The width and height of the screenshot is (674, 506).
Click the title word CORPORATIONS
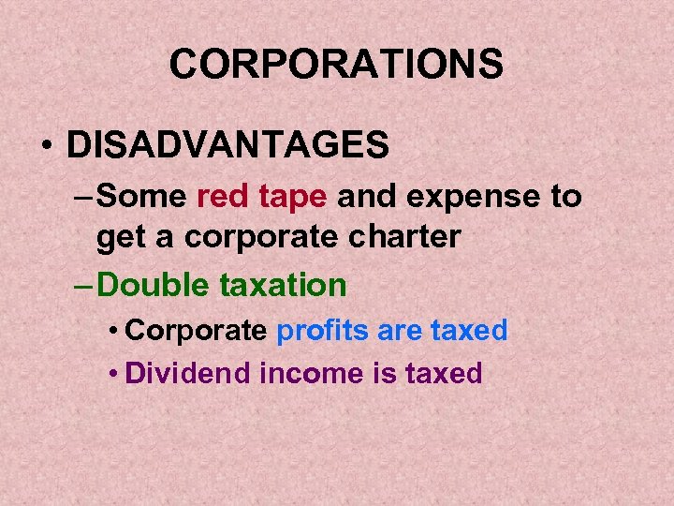tap(336, 65)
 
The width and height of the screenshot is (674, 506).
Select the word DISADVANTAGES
tap(227, 145)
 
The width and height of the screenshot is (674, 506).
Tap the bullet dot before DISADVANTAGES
tap(45, 146)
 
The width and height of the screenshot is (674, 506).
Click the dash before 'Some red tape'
tap(82, 198)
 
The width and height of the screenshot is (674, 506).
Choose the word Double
tap(154, 284)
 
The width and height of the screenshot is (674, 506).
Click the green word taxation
tap(283, 284)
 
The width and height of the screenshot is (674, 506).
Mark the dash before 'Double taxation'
tap(82, 285)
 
